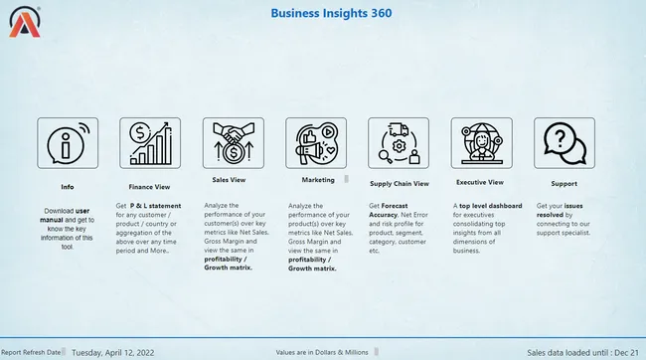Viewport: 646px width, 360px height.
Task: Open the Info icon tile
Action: click(x=67, y=142)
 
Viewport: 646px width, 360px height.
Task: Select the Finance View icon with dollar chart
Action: click(x=149, y=142)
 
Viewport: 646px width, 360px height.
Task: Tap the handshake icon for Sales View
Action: click(x=233, y=142)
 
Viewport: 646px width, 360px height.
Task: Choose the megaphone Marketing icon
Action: click(x=315, y=142)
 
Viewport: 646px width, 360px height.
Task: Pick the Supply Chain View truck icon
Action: click(x=398, y=142)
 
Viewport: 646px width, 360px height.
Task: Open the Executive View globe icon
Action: click(x=481, y=142)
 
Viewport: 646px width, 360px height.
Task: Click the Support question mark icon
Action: click(x=564, y=142)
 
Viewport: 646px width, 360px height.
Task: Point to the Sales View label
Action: click(x=231, y=181)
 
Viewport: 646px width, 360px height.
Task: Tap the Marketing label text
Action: click(x=317, y=180)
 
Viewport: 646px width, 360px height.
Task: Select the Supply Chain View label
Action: click(x=399, y=184)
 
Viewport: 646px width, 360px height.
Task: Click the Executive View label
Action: click(x=480, y=183)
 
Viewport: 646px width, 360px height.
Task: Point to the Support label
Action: click(x=564, y=184)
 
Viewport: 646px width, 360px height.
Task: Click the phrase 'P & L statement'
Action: click(x=155, y=205)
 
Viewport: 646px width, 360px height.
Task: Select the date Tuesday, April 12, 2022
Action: click(x=112, y=352)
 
